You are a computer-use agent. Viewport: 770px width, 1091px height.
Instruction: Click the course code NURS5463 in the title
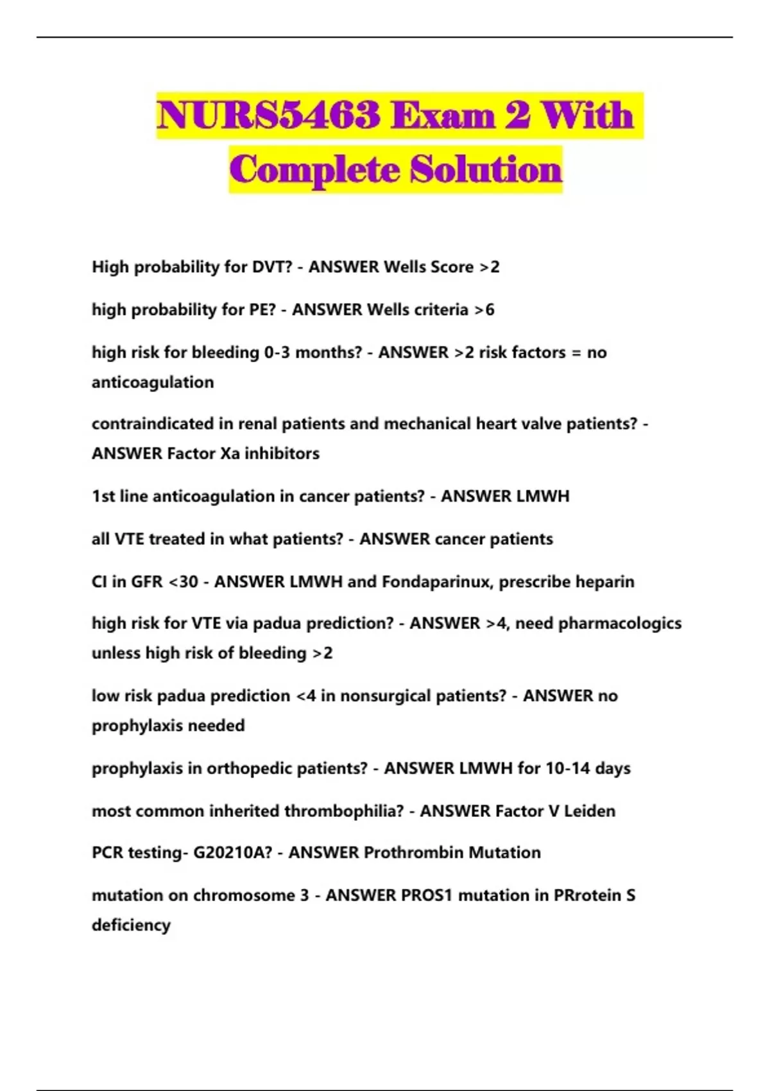click(x=268, y=116)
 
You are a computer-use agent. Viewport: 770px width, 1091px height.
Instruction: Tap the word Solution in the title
click(x=486, y=169)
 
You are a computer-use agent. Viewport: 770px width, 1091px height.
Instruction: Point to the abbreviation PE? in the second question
click(x=262, y=310)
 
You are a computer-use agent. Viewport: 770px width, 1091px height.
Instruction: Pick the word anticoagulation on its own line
click(x=153, y=382)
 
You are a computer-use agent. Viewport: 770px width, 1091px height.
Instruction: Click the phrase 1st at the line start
click(x=103, y=497)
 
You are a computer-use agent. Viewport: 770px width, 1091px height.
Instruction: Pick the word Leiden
click(x=589, y=811)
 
